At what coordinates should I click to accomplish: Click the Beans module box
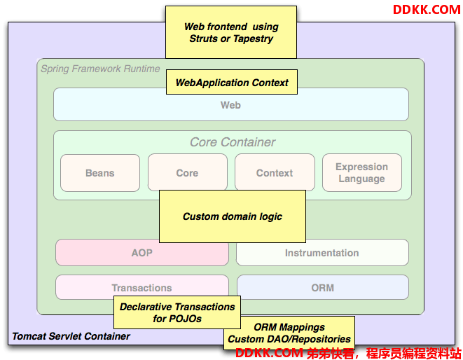[x=100, y=173]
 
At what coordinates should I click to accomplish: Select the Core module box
[x=188, y=172]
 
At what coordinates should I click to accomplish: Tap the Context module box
[x=275, y=172]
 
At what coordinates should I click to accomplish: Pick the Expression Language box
[x=362, y=173]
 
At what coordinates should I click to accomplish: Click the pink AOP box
[x=142, y=253]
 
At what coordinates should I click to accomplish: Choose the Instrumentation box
[x=322, y=253]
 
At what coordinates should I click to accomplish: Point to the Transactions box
[x=142, y=287]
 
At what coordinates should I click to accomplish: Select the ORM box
[x=323, y=287]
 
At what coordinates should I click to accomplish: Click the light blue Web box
[x=231, y=105]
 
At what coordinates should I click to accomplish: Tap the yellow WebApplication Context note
[x=232, y=82]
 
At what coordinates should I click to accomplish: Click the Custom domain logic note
[x=233, y=216]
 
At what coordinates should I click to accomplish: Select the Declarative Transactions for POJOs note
[x=177, y=312]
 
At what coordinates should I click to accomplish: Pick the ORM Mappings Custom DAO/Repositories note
[x=289, y=333]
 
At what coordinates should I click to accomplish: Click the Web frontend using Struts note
[x=231, y=32]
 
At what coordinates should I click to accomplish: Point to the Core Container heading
[x=233, y=142]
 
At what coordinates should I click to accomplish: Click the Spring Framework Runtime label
[x=100, y=69]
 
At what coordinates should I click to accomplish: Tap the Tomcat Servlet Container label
[x=71, y=336]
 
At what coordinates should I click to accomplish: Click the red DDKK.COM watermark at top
[x=427, y=10]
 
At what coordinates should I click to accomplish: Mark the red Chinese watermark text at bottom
[x=384, y=353]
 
